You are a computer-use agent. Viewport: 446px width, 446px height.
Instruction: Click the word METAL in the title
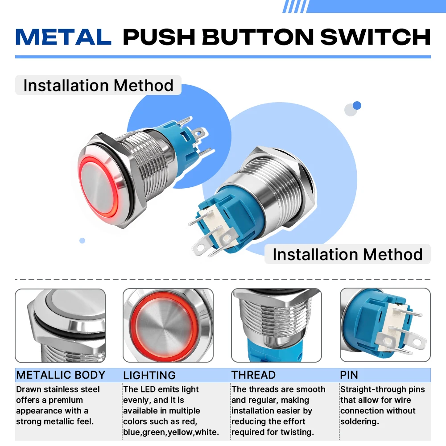click(63, 37)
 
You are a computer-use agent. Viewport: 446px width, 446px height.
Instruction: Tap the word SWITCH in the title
click(376, 37)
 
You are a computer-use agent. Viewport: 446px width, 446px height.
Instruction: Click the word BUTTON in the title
click(258, 37)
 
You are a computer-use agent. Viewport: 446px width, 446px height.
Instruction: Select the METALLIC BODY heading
click(61, 375)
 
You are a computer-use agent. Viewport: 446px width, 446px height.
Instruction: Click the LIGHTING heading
click(149, 375)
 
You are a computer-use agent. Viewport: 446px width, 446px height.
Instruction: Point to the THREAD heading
click(253, 375)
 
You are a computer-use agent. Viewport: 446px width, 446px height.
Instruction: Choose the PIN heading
click(349, 375)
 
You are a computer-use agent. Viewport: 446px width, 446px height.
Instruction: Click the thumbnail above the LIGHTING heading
click(168, 326)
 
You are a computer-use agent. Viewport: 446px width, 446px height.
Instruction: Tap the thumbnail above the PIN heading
click(385, 325)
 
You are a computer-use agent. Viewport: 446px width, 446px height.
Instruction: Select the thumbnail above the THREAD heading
click(277, 326)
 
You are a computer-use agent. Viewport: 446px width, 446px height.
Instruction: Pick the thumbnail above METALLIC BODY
click(60, 326)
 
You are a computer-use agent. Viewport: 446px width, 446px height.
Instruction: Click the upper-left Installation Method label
click(98, 85)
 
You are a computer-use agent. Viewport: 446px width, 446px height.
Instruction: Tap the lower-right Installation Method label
click(347, 254)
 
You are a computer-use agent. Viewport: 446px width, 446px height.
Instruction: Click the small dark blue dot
click(357, 106)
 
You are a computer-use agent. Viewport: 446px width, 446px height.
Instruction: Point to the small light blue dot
click(82, 241)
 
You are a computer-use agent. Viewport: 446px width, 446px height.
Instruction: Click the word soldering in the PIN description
click(359, 421)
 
